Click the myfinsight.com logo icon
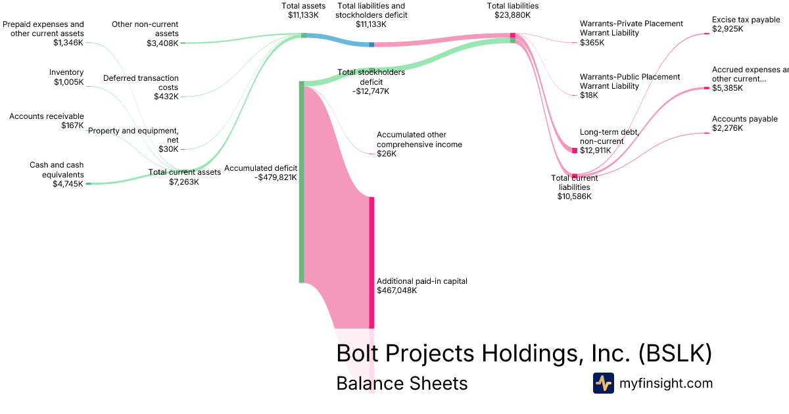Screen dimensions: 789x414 click(x=603, y=383)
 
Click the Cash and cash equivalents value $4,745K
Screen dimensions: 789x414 click(x=68, y=184)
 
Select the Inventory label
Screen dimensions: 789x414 click(x=66, y=72)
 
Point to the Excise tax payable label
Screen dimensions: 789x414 click(x=746, y=20)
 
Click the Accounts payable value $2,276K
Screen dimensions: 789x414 click(x=727, y=128)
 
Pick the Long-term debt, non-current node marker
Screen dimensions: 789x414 click(x=574, y=150)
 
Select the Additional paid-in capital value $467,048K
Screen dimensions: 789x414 click(x=396, y=290)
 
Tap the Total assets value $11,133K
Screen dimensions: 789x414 click(x=304, y=14)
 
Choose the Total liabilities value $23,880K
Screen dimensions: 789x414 click(x=513, y=14)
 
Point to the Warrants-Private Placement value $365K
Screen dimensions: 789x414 click(x=592, y=42)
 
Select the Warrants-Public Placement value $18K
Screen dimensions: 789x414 click(x=589, y=95)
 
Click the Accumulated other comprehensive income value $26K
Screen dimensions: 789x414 click(x=387, y=154)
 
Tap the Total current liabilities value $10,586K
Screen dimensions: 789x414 click(x=574, y=196)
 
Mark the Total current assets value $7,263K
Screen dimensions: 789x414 click(x=183, y=182)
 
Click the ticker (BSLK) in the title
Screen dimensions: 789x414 click(x=675, y=354)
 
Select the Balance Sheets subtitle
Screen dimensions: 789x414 click(x=402, y=383)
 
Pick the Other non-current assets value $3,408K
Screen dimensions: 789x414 click(x=162, y=43)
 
